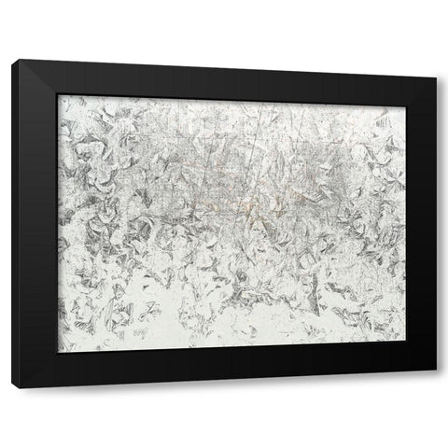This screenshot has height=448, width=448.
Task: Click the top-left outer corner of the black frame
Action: coord(14,59)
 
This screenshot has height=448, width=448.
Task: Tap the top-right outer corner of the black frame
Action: coord(436,77)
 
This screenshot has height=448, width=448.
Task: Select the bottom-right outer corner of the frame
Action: coord(436,371)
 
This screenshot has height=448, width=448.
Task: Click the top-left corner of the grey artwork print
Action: coord(59,94)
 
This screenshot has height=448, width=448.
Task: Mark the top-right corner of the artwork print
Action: coord(406,105)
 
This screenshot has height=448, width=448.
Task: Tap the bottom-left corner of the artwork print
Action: coord(59,353)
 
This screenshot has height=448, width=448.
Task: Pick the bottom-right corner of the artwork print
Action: coord(406,341)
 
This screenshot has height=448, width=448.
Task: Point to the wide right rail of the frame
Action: coord(421,224)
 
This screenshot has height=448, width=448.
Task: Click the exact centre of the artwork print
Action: coord(232,223)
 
